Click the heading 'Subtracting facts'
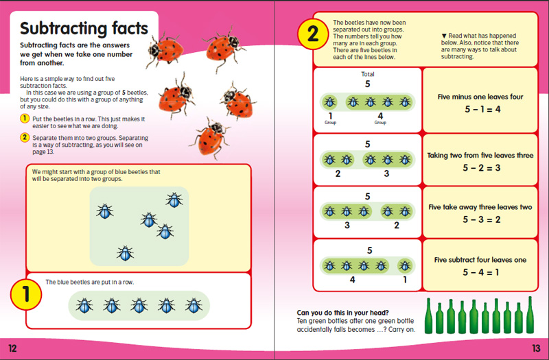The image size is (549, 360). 84,29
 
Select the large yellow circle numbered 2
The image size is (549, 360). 313,34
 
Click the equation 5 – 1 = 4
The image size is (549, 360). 480,108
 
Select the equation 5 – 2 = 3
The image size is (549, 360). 480,167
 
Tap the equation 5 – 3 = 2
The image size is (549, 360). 480,219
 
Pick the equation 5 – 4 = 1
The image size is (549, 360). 480,272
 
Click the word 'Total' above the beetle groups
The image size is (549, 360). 367,74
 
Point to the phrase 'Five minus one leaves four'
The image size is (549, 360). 480,97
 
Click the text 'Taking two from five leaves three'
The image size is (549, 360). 480,156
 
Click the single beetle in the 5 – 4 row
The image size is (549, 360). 405,265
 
